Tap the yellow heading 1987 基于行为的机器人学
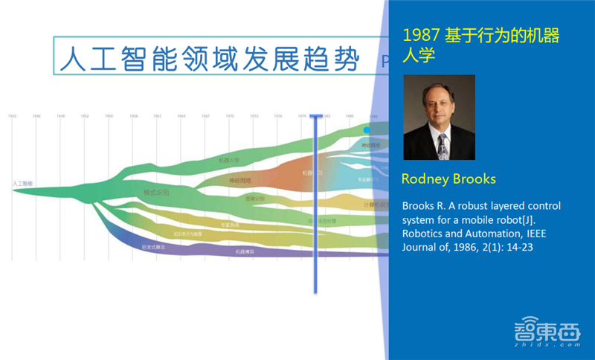coord(480,45)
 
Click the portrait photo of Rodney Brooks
coord(439,118)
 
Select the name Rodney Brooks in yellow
coord(448,179)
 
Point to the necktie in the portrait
coord(443,146)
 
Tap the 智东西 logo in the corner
coord(547,333)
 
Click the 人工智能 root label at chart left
coord(22,182)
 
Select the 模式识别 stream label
coord(156,192)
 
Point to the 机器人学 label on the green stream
coord(229,160)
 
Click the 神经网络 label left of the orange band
coord(239,180)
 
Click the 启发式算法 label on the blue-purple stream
coord(151,246)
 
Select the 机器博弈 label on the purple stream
coord(246,252)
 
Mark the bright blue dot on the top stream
coord(366,129)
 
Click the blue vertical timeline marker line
coord(315,201)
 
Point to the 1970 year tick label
coord(230,116)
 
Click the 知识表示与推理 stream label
coord(187,234)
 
